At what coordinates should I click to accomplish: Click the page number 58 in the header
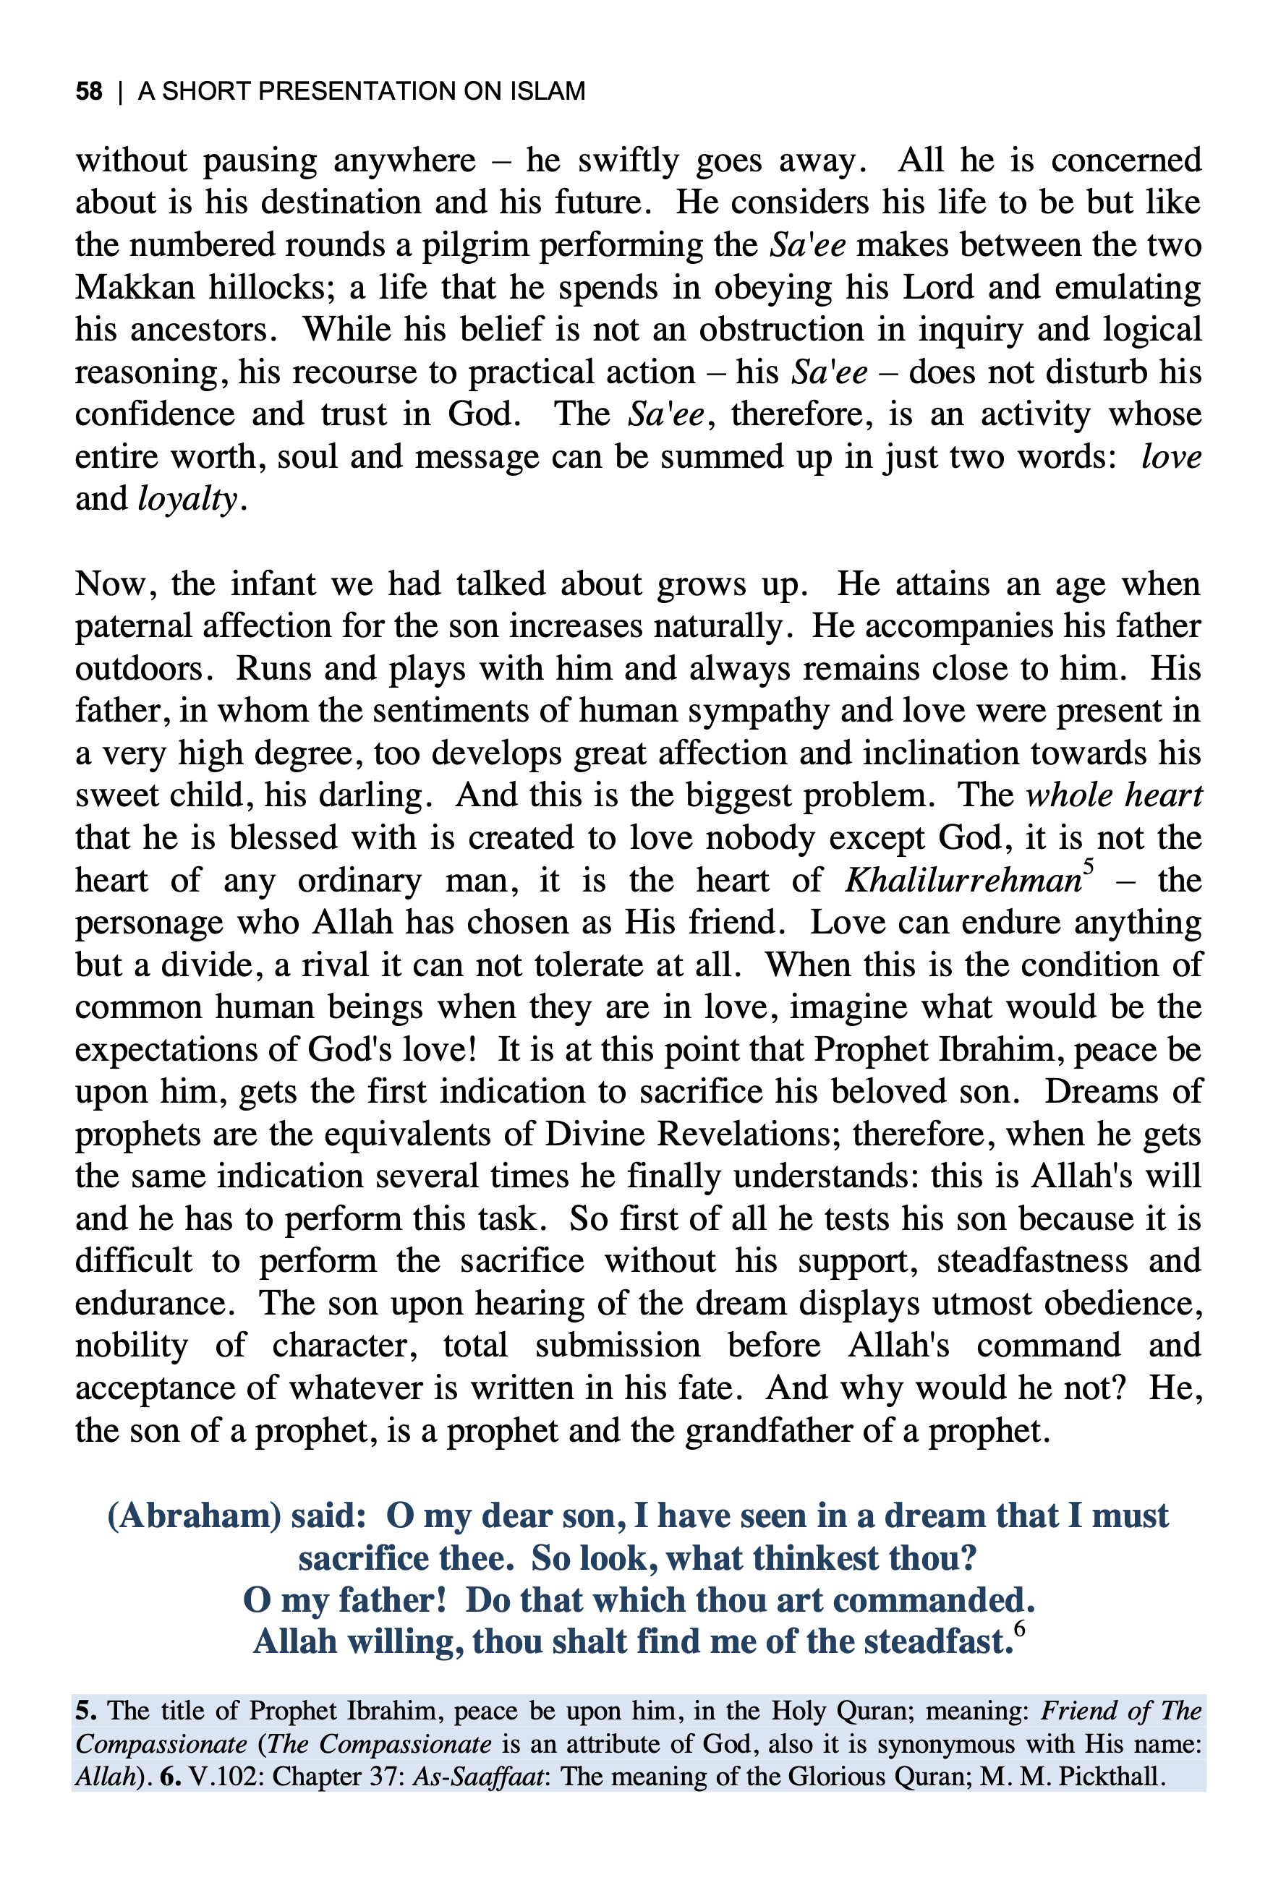point(89,90)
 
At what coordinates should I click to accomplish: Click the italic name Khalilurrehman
point(962,880)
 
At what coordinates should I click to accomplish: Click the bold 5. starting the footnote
point(87,1712)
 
